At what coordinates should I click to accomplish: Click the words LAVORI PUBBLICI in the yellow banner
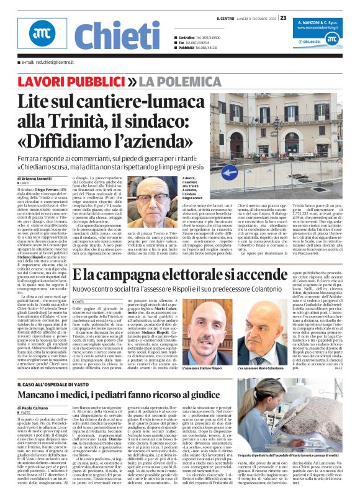pos(69,82)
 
